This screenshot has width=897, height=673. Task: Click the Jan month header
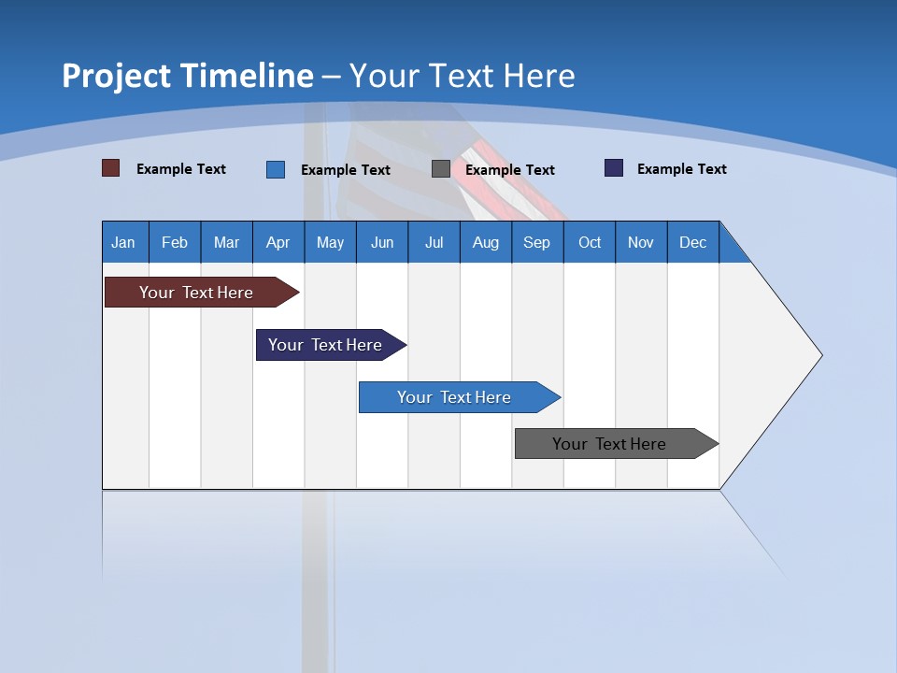click(124, 242)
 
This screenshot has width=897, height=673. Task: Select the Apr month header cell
click(278, 242)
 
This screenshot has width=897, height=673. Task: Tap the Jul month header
click(434, 242)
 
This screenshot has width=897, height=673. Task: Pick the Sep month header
click(536, 242)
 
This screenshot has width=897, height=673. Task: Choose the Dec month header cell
click(692, 242)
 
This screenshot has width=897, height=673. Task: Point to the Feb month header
click(175, 242)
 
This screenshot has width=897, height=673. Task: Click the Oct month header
click(590, 242)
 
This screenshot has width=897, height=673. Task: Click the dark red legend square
click(111, 168)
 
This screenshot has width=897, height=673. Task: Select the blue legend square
click(276, 169)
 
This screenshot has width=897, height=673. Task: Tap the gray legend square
click(441, 169)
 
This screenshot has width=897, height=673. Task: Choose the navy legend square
click(614, 168)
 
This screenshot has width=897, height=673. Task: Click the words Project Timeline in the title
click(188, 76)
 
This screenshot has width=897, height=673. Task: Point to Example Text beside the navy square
click(682, 169)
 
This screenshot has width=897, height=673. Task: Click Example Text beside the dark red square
click(181, 169)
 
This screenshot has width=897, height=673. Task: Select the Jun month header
click(382, 242)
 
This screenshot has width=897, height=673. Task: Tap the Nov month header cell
click(641, 242)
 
